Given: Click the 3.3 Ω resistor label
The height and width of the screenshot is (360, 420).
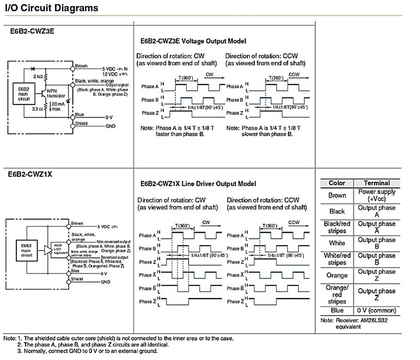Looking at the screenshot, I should [x=37, y=109].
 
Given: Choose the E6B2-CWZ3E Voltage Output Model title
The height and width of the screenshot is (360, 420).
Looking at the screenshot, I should [x=193, y=41].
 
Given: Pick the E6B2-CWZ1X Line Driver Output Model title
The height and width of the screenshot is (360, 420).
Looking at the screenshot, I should [x=198, y=184].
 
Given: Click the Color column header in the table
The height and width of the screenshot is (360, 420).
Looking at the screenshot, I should [x=337, y=183].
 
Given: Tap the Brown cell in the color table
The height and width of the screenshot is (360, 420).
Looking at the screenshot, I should [x=337, y=195].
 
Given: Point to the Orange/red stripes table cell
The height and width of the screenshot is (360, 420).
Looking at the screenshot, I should [x=337, y=294].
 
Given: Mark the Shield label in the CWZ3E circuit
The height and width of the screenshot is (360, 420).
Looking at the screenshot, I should [x=80, y=123].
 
